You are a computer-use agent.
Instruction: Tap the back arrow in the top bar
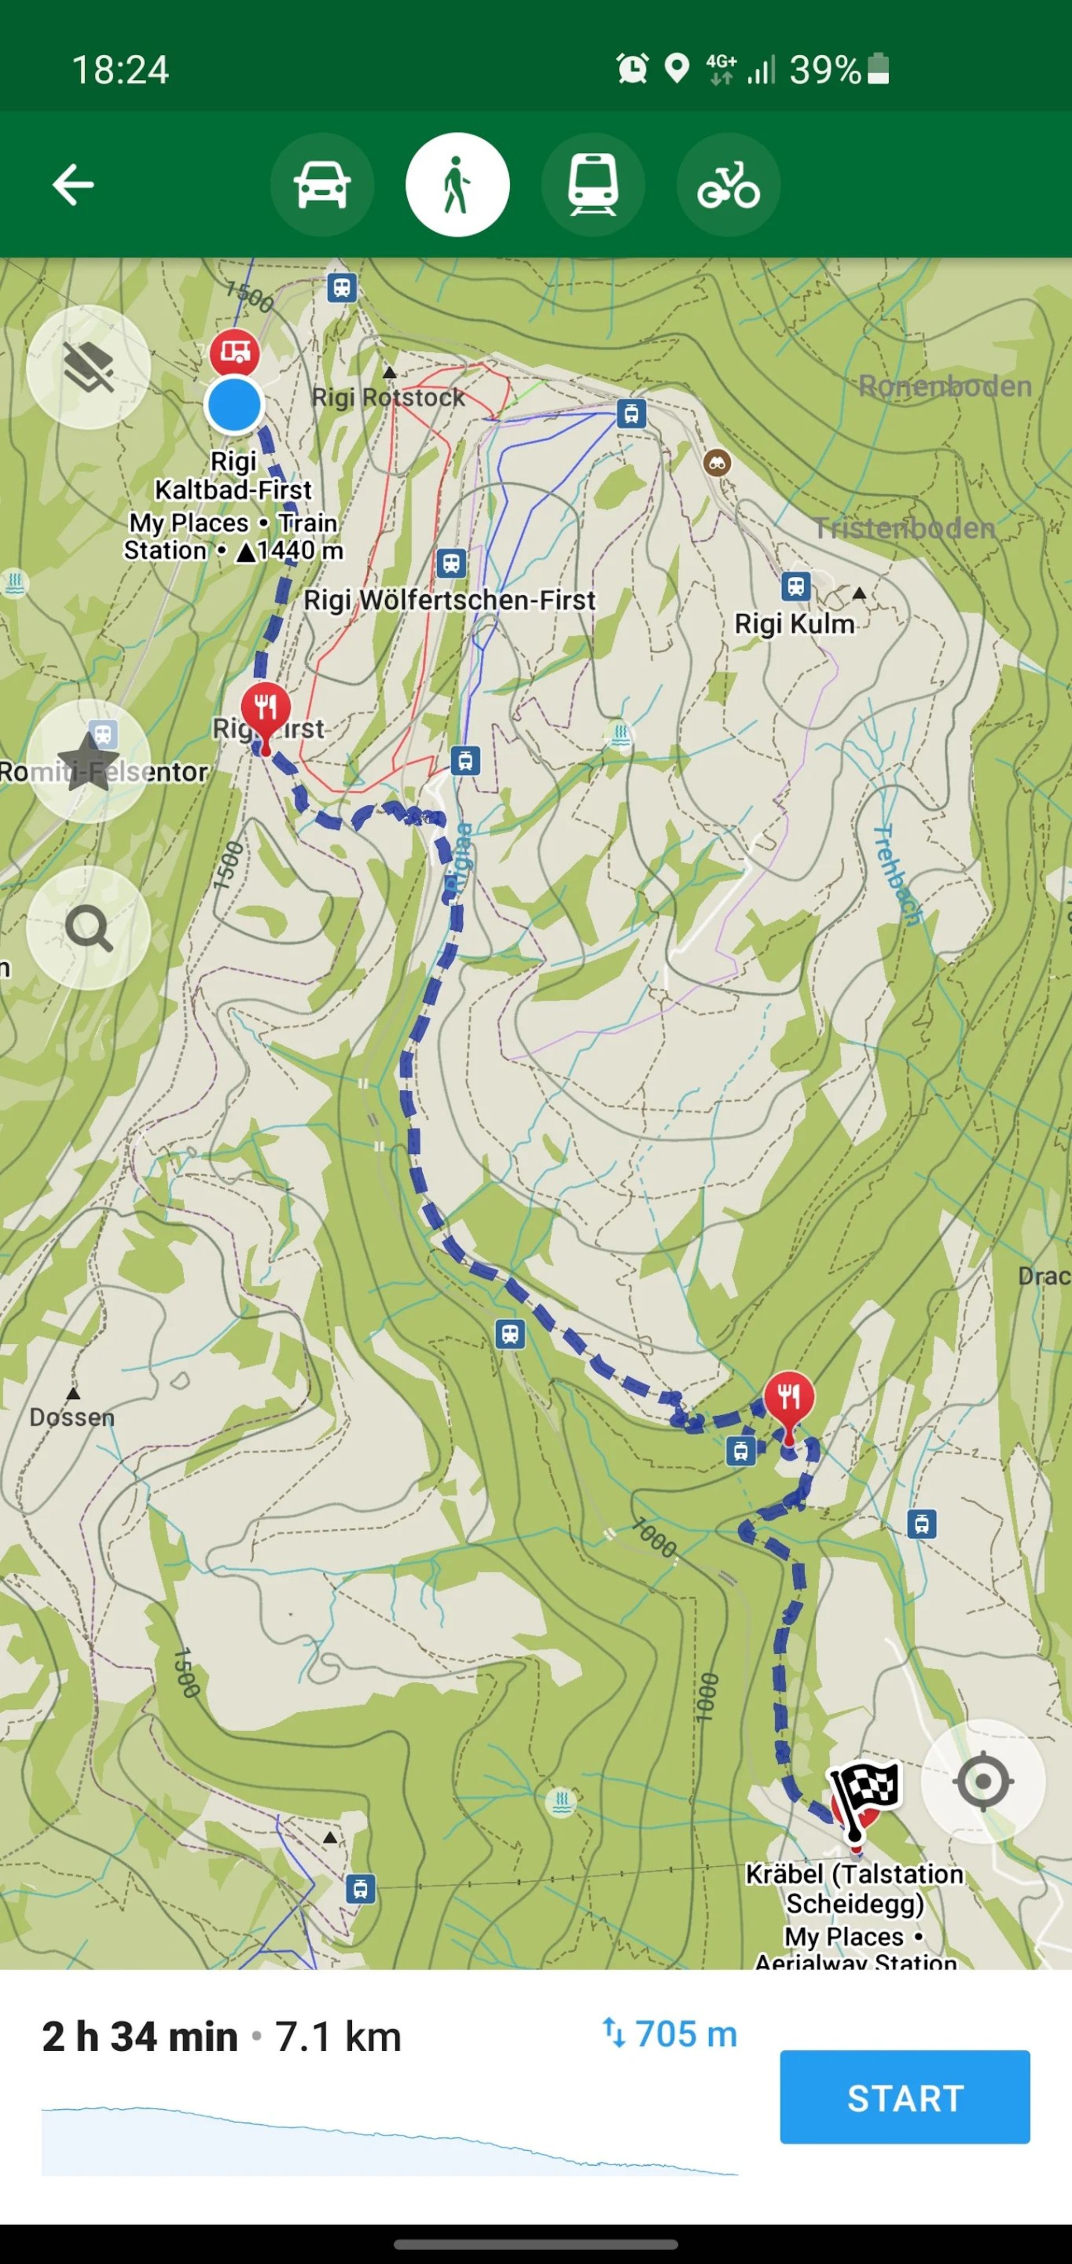(x=73, y=184)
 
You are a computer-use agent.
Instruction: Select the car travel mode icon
(x=322, y=184)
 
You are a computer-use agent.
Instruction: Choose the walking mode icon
(x=457, y=184)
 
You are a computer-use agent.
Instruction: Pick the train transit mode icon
(x=593, y=184)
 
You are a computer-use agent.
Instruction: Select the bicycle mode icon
(x=729, y=184)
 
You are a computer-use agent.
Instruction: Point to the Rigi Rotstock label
(x=389, y=398)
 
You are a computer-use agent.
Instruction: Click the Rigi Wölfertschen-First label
(x=449, y=600)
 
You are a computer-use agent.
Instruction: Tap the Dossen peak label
(x=72, y=1417)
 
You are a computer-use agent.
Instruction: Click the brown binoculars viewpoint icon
(x=718, y=462)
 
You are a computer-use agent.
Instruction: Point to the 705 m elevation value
(x=686, y=2034)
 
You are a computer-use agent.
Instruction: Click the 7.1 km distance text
(x=338, y=2036)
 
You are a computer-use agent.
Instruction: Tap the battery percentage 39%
(x=825, y=69)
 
